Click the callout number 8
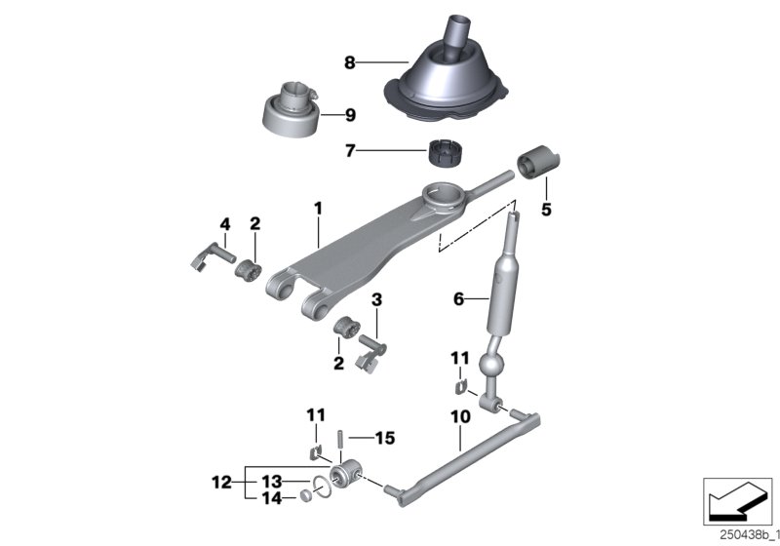tap(349, 62)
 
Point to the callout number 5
tap(546, 210)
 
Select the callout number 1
tap(317, 208)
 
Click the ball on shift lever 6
tap(494, 370)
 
